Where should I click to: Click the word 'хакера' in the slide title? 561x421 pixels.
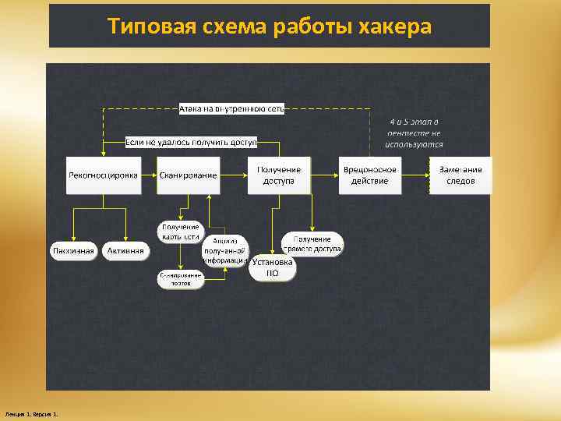394,27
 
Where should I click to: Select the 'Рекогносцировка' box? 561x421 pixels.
102,175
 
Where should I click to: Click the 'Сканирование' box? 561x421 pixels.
188,175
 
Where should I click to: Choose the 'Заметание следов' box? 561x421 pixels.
460,175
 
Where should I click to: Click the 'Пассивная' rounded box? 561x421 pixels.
73,250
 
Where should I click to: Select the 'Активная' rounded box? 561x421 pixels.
125,250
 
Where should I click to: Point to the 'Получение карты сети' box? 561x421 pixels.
181,232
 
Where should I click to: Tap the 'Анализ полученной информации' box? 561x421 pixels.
226,251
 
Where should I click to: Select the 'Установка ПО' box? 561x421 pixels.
273,268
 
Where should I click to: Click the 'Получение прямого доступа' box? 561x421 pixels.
312,243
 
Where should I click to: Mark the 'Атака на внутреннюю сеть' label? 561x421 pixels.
231,108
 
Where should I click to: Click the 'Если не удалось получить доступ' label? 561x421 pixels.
192,143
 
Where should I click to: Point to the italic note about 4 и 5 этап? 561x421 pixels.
415,133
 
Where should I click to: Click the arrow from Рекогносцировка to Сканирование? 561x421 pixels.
149,175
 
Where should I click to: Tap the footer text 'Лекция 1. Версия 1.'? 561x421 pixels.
36,412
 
